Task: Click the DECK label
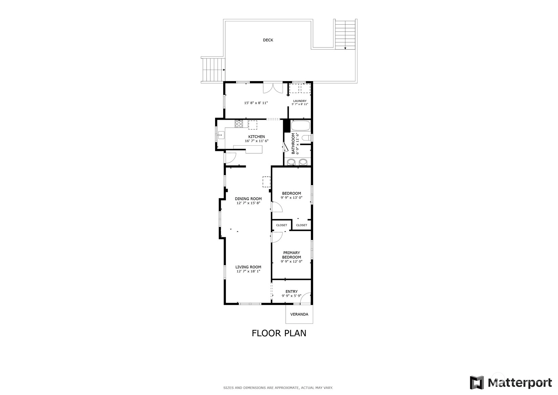coord(268,40)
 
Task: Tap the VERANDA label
coord(299,314)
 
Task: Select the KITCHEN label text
coord(256,136)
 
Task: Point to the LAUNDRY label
coord(300,101)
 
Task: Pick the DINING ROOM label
coord(248,199)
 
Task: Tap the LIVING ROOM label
coord(248,267)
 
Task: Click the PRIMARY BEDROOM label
coord(292,255)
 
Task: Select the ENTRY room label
coord(292,291)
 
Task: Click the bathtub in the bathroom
coord(301,126)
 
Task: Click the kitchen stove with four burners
coord(239,124)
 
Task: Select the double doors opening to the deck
coord(273,88)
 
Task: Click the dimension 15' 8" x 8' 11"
coord(256,103)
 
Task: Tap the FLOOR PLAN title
coord(279,333)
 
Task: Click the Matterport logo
coord(511,382)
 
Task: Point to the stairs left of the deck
coord(213,70)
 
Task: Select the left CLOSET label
coord(282,225)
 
